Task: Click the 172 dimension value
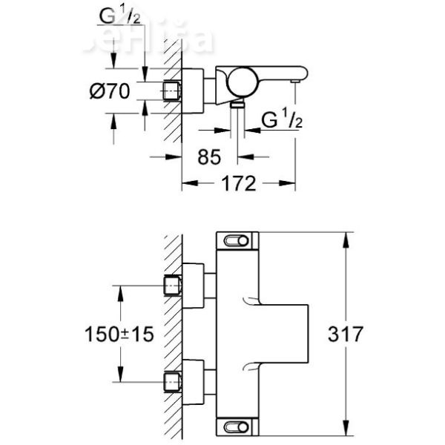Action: click(x=239, y=183)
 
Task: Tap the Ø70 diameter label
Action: click(x=110, y=92)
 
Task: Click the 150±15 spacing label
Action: click(x=119, y=334)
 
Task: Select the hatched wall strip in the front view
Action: click(x=173, y=334)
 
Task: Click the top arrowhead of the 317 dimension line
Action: click(x=345, y=237)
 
